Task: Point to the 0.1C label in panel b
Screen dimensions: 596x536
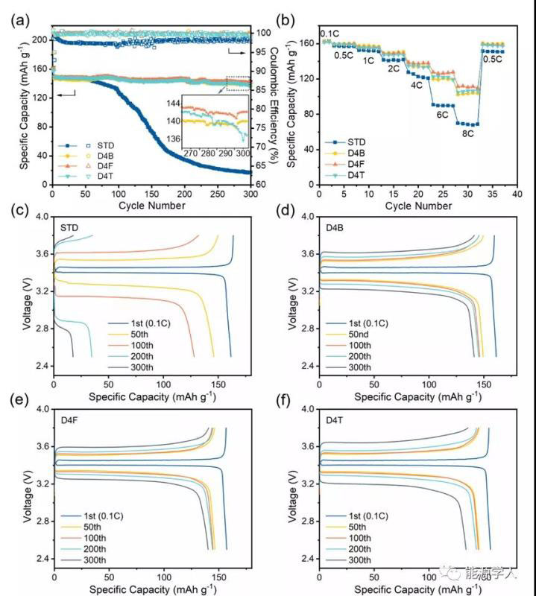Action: pos(330,34)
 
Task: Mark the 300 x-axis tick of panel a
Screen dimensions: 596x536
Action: pos(250,194)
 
